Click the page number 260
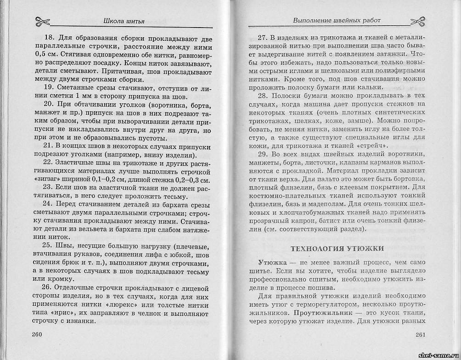[x=37, y=334]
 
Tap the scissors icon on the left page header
[x=43, y=21]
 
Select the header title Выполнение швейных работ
[x=337, y=20]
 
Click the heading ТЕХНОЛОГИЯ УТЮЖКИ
[x=337, y=248]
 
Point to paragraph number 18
[x=49, y=39]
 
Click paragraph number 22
[x=49, y=163]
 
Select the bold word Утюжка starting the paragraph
[x=271, y=262]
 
